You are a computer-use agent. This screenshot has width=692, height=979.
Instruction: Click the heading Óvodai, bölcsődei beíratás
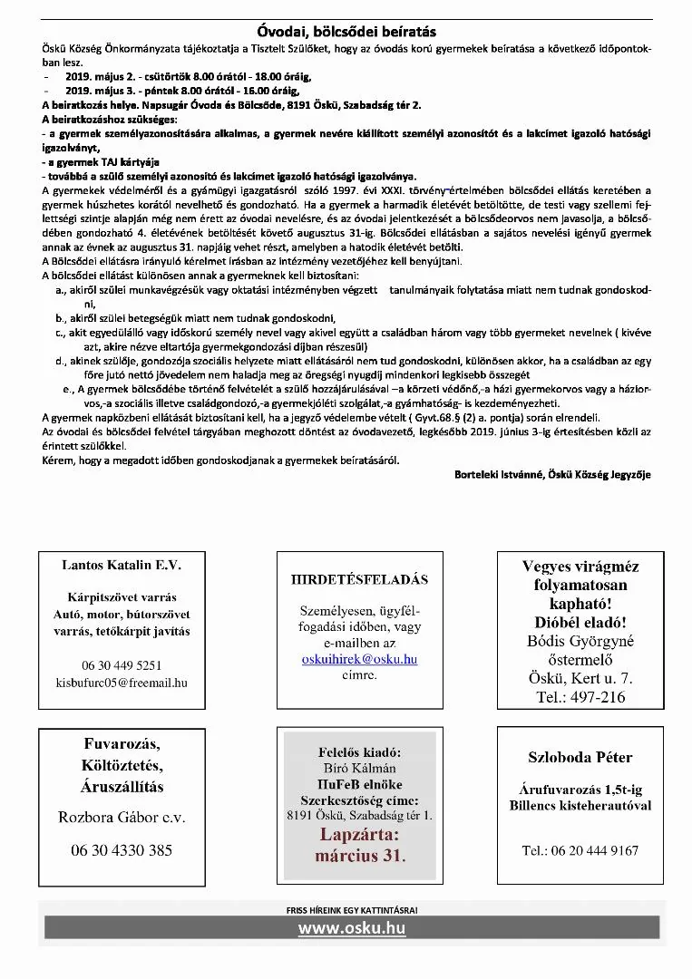point(346,32)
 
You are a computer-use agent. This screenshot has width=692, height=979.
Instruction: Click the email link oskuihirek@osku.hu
point(359,659)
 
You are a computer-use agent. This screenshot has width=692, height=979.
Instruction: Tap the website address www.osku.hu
point(352,927)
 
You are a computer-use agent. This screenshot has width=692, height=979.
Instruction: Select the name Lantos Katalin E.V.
point(122,565)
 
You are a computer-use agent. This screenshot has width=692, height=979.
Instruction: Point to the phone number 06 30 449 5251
point(122,664)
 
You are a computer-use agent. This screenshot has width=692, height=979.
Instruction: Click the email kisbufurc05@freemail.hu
point(122,682)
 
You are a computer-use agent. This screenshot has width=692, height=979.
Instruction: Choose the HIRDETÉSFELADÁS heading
point(359,579)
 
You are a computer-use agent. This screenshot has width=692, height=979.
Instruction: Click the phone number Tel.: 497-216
point(580,697)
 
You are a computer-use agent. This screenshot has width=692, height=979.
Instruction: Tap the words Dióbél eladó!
point(580,623)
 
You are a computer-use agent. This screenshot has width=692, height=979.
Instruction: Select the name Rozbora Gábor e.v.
point(122,817)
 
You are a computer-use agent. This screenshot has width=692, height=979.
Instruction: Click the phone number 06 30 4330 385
point(122,850)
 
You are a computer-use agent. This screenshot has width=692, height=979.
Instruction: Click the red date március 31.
point(360,855)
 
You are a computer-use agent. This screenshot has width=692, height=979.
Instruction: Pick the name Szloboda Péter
point(580,757)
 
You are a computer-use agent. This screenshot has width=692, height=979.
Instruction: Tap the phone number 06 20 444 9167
point(580,850)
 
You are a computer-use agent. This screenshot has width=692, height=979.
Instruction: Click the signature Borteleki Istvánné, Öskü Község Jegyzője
point(552,474)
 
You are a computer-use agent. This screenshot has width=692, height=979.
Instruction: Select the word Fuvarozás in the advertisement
point(122,744)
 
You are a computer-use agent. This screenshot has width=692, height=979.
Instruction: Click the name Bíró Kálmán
point(359,768)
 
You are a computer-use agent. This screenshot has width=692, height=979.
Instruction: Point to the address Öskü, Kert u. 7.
point(580,678)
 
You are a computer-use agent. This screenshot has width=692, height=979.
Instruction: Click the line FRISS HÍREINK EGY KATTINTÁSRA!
point(352,908)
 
